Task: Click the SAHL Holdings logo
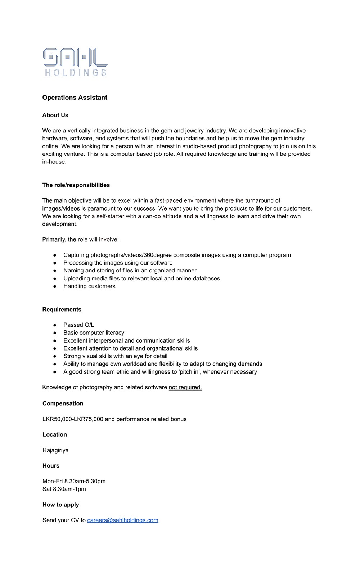75,62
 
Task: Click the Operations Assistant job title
75,98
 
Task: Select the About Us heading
55,115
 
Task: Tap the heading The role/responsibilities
76,185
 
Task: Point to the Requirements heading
62,310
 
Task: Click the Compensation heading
63,403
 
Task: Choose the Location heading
55,434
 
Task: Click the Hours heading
51,466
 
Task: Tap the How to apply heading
60,505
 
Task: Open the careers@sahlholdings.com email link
123,520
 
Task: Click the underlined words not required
185,387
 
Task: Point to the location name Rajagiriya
55,450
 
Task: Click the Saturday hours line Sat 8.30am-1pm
64,489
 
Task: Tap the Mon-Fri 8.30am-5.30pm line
74,481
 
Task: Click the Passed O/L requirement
79,325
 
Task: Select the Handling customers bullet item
89,286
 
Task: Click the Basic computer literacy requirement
94,333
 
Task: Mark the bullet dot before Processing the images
55,263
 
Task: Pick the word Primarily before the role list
54,239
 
